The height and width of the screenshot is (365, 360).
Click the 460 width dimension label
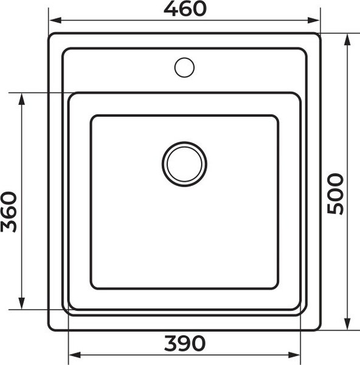pos(185,9)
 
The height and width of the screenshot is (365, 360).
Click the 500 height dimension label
pos(336,193)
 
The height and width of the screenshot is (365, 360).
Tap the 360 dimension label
pos(9,211)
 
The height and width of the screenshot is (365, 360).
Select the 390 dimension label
pos(185,344)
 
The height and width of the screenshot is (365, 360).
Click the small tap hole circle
pos(184,67)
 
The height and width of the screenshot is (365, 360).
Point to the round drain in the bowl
pos(184,164)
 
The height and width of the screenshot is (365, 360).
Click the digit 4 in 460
pos(171,9)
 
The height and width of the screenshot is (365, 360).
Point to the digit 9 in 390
pos(185,344)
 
